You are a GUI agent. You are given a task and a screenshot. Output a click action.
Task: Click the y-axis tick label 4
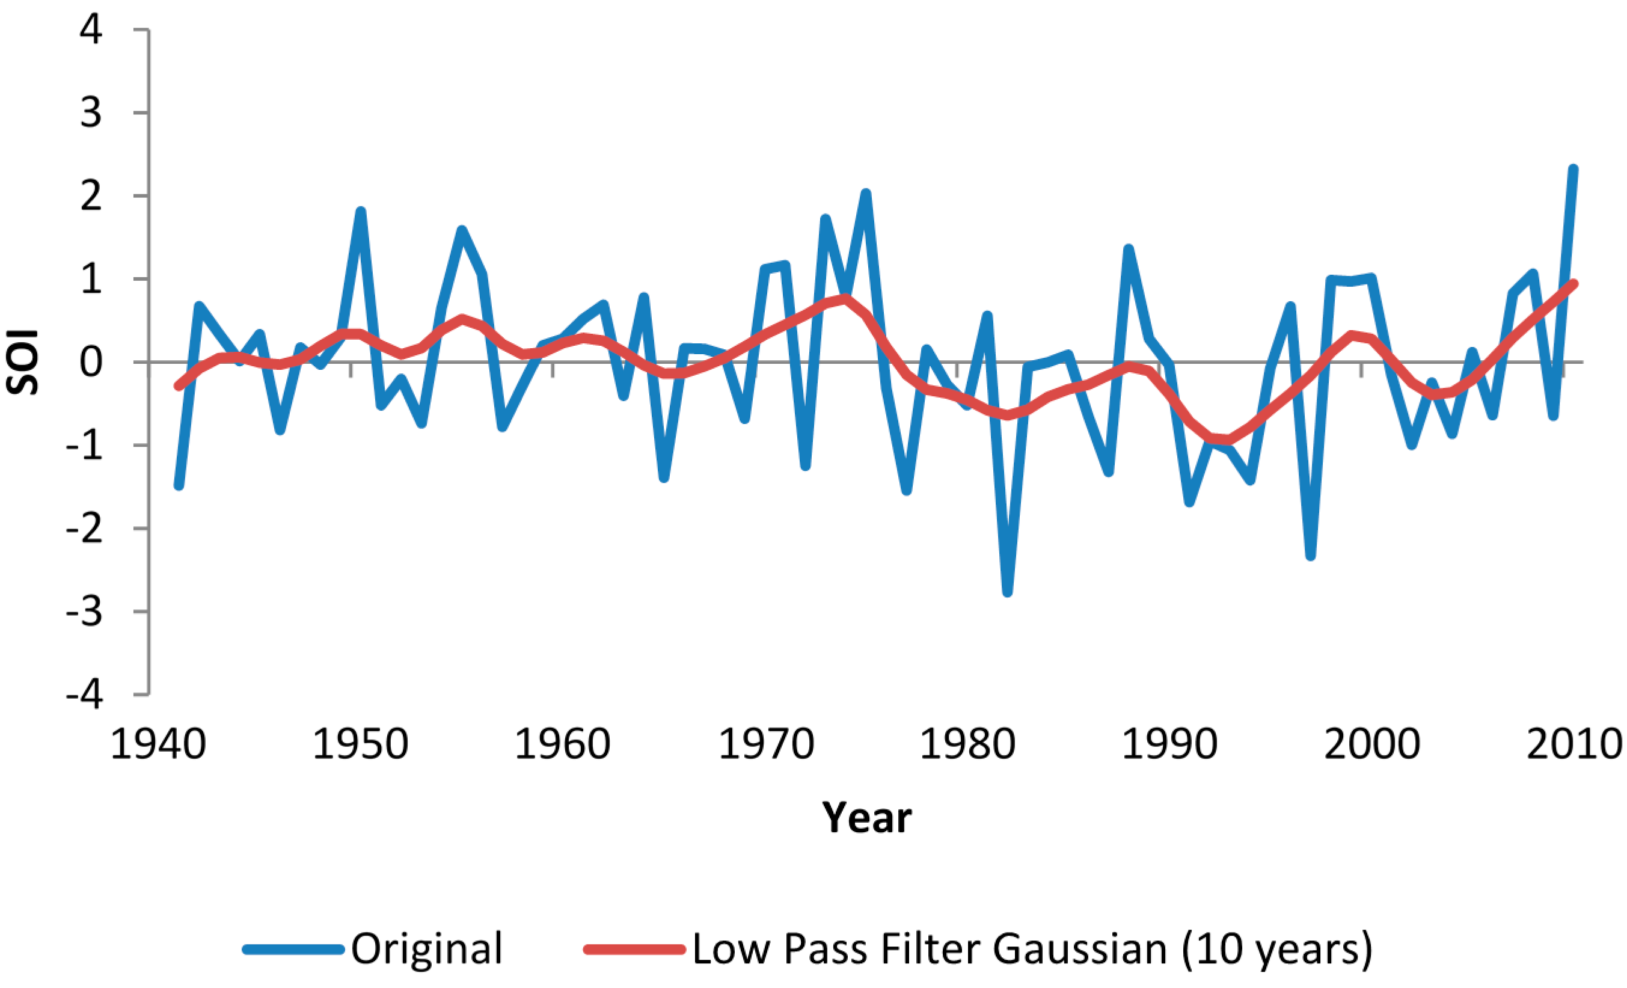click(91, 31)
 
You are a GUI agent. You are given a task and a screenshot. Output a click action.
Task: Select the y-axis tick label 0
click(91, 363)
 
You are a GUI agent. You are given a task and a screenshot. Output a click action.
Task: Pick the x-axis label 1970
click(765, 744)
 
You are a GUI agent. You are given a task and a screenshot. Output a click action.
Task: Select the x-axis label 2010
click(1574, 744)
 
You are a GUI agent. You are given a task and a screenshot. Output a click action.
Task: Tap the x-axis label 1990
click(1169, 744)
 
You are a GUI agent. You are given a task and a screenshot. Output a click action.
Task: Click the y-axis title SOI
click(23, 362)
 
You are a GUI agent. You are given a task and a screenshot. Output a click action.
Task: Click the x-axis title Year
click(866, 818)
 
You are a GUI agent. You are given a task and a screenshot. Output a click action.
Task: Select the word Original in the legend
click(426, 949)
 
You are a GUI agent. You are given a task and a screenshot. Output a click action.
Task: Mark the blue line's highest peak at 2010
click(1573, 169)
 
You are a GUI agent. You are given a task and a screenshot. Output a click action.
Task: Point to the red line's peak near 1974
click(846, 298)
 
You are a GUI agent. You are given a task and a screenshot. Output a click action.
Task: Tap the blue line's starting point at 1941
click(179, 485)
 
